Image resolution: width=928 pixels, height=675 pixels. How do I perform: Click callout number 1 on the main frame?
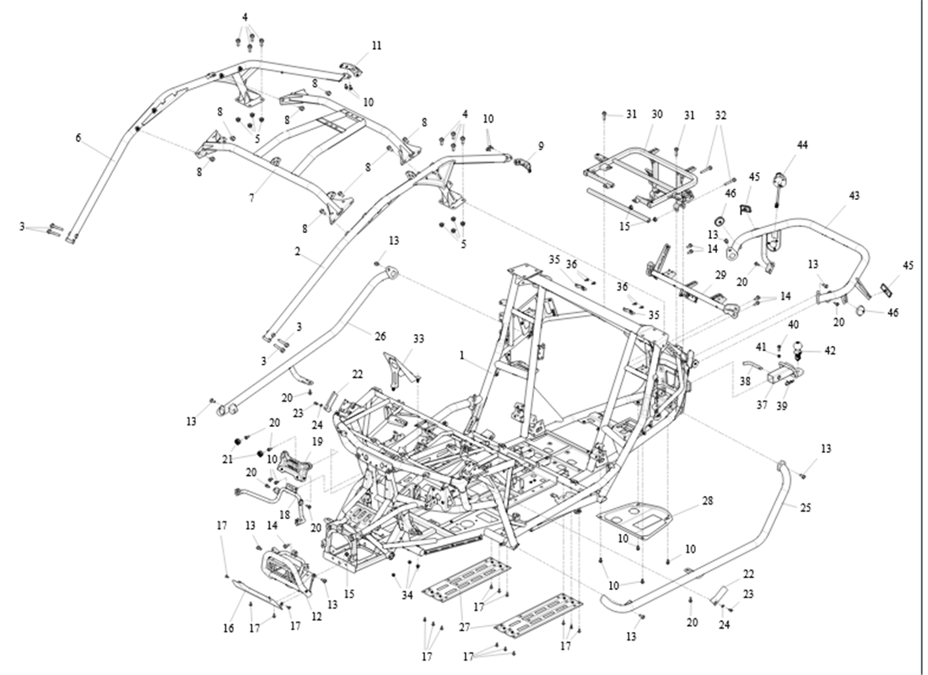click(x=463, y=356)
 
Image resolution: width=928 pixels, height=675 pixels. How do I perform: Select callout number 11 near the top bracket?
click(x=376, y=46)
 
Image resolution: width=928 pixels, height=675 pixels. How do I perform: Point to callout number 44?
click(x=801, y=146)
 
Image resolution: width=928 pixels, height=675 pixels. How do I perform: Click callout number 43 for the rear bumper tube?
click(x=855, y=195)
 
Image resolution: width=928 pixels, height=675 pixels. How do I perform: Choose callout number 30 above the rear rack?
click(x=657, y=114)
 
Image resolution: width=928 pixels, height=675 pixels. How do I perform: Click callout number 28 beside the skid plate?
click(x=707, y=502)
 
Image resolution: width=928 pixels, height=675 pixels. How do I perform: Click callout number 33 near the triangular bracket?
click(x=418, y=338)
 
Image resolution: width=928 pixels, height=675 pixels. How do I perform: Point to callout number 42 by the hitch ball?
click(x=830, y=350)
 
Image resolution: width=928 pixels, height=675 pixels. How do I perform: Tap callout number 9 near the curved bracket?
click(x=541, y=145)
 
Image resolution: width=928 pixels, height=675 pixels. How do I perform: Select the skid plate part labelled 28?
click(x=638, y=516)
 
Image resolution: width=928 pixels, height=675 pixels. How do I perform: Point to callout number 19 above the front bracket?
click(x=316, y=440)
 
